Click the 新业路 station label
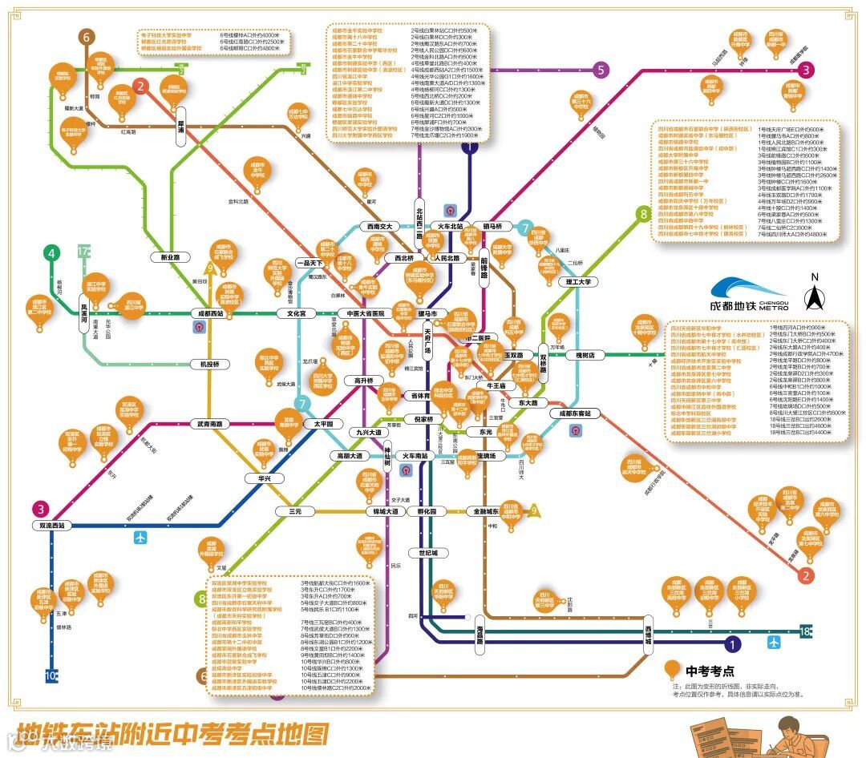pos(170,257)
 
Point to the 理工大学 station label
pos(576,282)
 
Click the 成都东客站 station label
pos(575,413)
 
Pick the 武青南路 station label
pos(209,424)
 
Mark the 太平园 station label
pos(328,423)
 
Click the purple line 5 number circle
pos(600,70)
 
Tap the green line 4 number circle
pos(52,254)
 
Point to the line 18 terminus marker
pos(805,632)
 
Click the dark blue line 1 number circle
pos(731,642)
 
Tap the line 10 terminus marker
pos(52,675)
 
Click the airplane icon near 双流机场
pos(142,537)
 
